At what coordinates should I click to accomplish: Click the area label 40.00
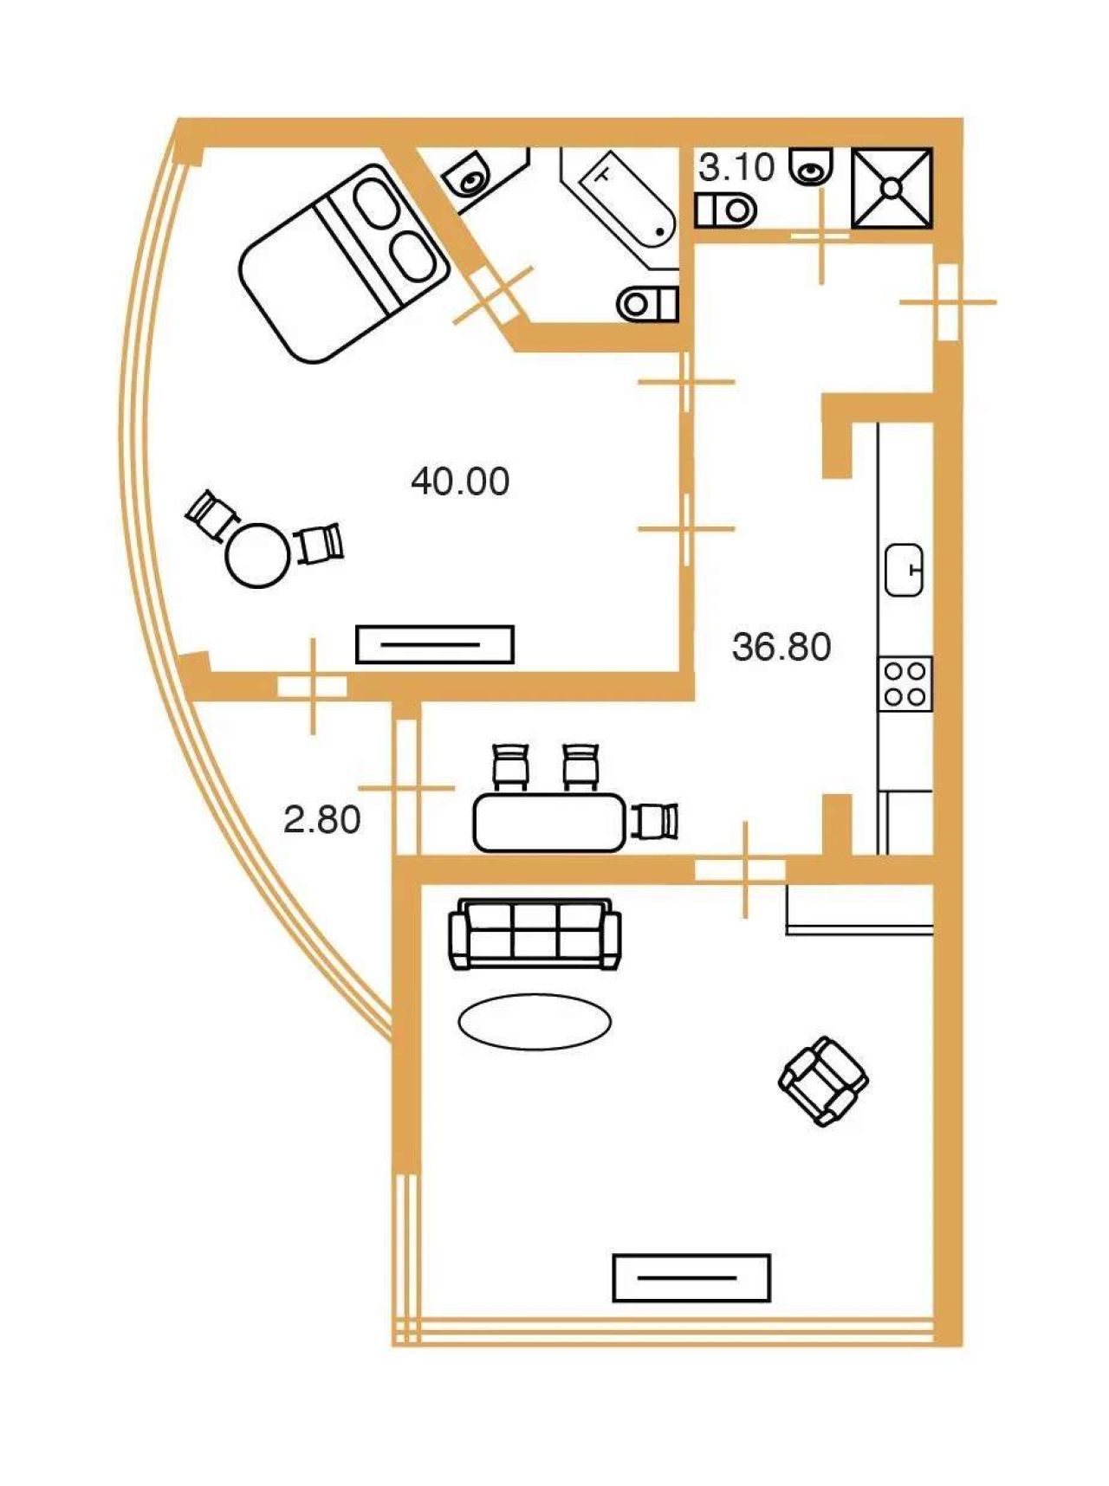pyautogui.click(x=460, y=481)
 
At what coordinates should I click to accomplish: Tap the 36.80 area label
pyautogui.click(x=781, y=647)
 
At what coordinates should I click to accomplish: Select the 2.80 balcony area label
pyautogui.click(x=322, y=819)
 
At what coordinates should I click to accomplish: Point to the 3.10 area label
pyautogui.click(x=736, y=167)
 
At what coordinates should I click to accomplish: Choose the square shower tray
pyautogui.click(x=892, y=188)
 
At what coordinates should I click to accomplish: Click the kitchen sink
pyautogui.click(x=905, y=570)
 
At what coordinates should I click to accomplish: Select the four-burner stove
pyautogui.click(x=905, y=683)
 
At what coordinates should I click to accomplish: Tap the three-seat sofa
pyautogui.click(x=535, y=934)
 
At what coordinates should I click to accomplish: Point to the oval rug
pyautogui.click(x=535, y=1021)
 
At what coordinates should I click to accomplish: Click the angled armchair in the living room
pyautogui.click(x=823, y=1082)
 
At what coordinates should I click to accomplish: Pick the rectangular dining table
pyautogui.click(x=549, y=823)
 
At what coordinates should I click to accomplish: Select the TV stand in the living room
pyautogui.click(x=691, y=1277)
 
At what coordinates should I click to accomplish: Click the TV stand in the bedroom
pyautogui.click(x=435, y=644)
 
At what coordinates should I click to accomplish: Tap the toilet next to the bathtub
pyautogui.click(x=647, y=303)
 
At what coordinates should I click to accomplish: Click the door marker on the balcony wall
pyautogui.click(x=406, y=788)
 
